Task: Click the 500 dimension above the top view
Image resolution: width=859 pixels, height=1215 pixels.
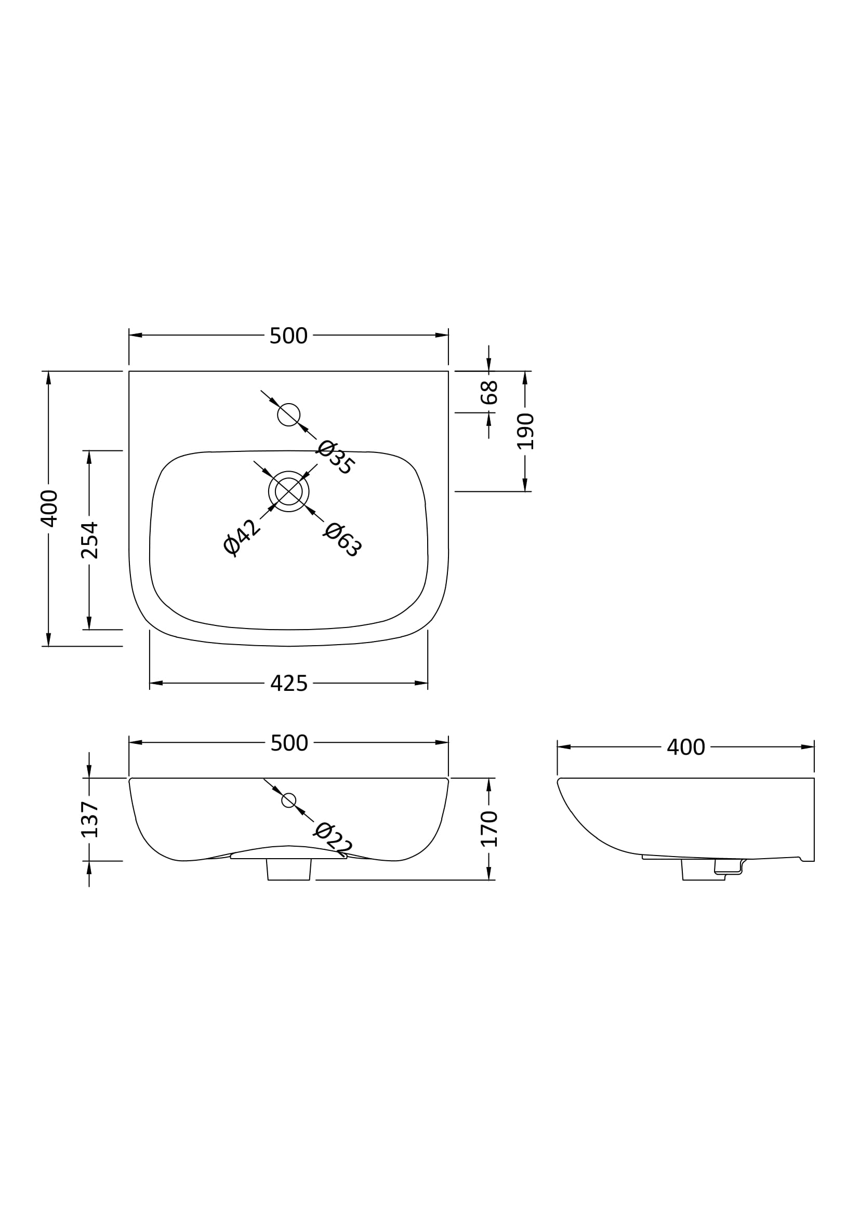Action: pos(288,336)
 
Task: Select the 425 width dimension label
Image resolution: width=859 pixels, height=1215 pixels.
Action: pos(288,684)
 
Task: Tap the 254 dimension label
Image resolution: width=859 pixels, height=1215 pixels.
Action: pos(89,540)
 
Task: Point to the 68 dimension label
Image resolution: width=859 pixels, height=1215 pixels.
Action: pos(489,393)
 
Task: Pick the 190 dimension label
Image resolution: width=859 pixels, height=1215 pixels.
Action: pos(525,431)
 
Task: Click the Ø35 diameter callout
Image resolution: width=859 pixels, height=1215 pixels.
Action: pos(336,457)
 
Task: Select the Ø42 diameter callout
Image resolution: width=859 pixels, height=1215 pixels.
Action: pos(242,537)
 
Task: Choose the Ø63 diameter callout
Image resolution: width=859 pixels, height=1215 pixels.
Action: pos(342,540)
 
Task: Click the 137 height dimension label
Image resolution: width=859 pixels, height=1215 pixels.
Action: pos(89,820)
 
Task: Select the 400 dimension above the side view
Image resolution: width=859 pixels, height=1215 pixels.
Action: pos(685,747)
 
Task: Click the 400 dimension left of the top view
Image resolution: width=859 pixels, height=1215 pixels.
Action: pos(49,509)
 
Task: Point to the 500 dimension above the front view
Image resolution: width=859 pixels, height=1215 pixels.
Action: pos(289,743)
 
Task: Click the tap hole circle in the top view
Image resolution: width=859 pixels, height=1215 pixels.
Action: pos(289,415)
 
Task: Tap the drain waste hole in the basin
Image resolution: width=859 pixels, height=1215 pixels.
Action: pos(289,491)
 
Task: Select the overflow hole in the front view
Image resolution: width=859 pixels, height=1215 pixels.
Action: pos(289,800)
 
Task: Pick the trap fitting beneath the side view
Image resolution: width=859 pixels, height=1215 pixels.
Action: pos(728,868)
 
